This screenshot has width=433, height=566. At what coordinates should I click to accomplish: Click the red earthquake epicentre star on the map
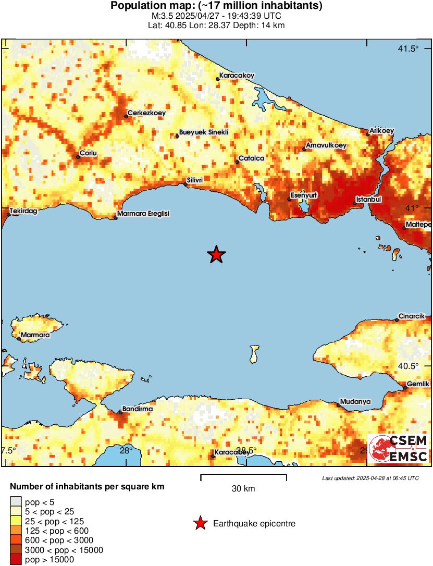(216, 255)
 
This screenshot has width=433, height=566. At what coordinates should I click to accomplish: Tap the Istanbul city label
(369, 199)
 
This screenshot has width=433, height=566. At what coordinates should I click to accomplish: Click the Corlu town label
(88, 153)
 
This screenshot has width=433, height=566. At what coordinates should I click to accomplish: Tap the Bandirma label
(137, 409)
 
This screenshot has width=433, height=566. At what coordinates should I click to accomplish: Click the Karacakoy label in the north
(237, 76)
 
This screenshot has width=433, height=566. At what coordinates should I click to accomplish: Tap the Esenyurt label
(304, 195)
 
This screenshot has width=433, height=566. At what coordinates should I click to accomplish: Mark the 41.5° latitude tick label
(408, 49)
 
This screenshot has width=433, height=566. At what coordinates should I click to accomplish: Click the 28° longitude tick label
(126, 450)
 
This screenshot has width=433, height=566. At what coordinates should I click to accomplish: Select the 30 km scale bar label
(243, 488)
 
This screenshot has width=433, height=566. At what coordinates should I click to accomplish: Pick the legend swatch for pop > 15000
(16, 559)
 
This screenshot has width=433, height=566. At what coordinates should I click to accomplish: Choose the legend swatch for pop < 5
(16, 502)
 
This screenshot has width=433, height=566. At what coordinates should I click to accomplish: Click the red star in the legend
(200, 523)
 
